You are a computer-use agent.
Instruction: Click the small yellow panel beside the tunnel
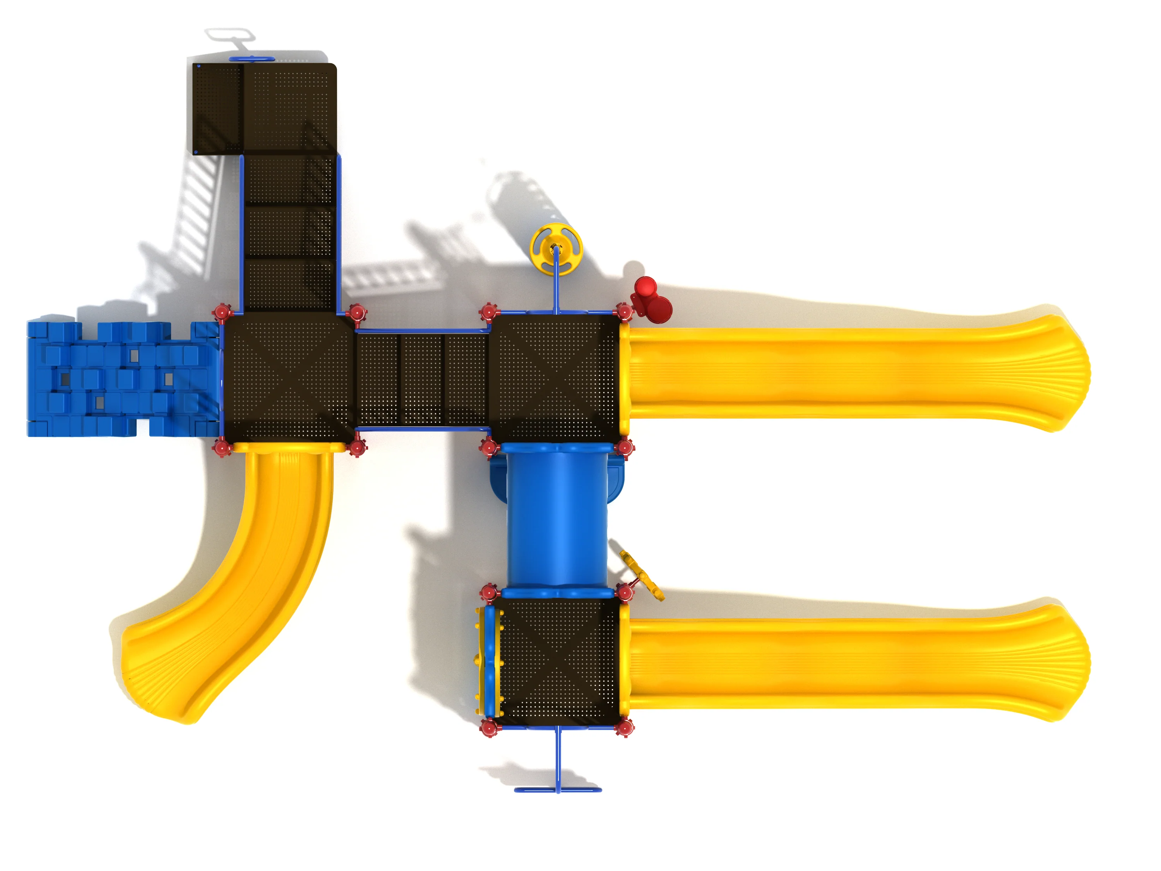(x=641, y=575)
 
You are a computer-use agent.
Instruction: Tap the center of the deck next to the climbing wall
(x=289, y=378)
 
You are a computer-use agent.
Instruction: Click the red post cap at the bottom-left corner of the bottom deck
(x=489, y=728)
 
